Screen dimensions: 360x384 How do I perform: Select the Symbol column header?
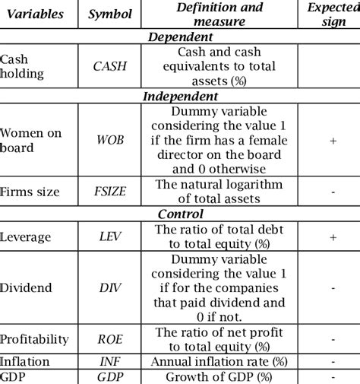(109, 14)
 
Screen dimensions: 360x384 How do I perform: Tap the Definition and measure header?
(219, 14)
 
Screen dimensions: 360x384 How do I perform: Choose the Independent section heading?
(180, 97)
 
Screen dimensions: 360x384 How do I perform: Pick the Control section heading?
(180, 215)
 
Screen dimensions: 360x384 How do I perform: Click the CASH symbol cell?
(109, 66)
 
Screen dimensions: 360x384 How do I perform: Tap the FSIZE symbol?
(109, 192)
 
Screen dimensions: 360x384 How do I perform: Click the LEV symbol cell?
(109, 237)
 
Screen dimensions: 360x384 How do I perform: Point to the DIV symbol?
(109, 288)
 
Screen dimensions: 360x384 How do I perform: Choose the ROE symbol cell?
(109, 339)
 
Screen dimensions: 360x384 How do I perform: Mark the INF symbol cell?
(109, 361)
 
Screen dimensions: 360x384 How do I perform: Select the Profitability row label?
(34, 339)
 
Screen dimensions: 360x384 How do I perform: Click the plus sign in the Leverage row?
(333, 237)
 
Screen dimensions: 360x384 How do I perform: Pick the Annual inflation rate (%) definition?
(219, 361)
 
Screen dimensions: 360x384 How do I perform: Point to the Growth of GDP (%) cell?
(219, 377)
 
